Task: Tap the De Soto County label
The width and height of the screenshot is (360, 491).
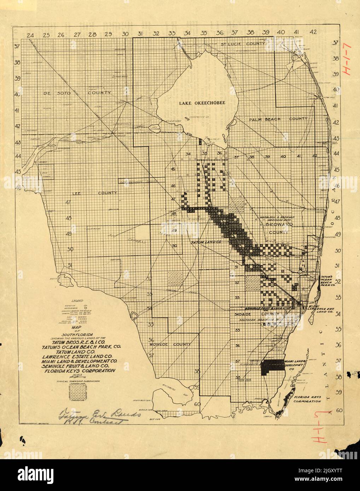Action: tap(77, 93)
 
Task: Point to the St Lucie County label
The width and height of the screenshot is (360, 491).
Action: tap(242, 44)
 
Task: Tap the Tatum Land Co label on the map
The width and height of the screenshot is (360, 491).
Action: tap(206, 243)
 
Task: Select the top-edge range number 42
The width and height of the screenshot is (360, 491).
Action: tap(313, 32)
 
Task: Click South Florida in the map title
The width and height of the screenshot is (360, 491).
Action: tap(82, 334)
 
